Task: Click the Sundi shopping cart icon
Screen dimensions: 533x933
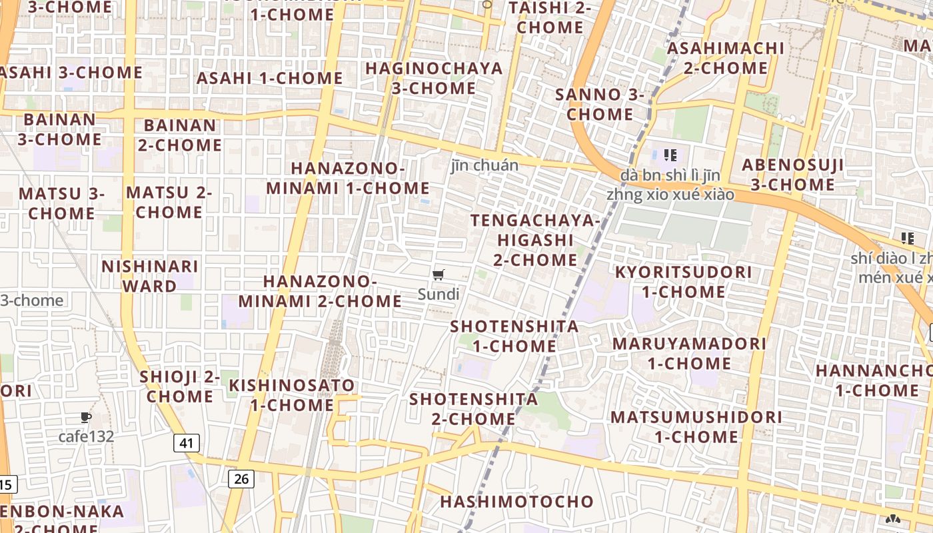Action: click(x=439, y=275)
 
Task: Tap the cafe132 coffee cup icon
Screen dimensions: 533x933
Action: click(x=85, y=418)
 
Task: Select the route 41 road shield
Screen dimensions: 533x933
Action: click(x=187, y=442)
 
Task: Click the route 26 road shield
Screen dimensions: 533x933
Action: click(x=241, y=478)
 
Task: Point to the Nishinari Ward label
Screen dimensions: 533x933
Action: click(x=149, y=276)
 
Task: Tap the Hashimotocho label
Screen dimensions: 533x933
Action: click(x=516, y=502)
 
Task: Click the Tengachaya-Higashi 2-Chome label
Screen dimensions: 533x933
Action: click(x=535, y=240)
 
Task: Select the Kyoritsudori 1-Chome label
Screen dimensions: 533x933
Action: click(x=683, y=282)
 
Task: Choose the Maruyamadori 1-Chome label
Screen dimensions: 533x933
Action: click(x=689, y=353)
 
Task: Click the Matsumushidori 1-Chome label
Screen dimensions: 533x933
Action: click(x=696, y=426)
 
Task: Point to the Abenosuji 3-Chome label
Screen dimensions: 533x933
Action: click(x=793, y=175)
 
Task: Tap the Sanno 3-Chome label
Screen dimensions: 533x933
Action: click(x=600, y=104)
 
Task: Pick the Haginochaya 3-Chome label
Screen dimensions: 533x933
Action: click(x=433, y=78)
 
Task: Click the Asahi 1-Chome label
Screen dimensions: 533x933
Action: click(x=269, y=78)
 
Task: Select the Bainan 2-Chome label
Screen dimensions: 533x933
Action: click(x=180, y=135)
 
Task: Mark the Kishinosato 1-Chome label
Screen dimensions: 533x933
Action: click(x=292, y=394)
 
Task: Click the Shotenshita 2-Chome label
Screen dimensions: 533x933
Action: click(x=473, y=408)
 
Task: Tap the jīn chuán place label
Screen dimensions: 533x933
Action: click(x=484, y=165)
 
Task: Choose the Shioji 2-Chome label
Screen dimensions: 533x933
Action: click(x=180, y=386)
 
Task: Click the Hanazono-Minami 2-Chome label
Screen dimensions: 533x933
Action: click(x=320, y=291)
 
